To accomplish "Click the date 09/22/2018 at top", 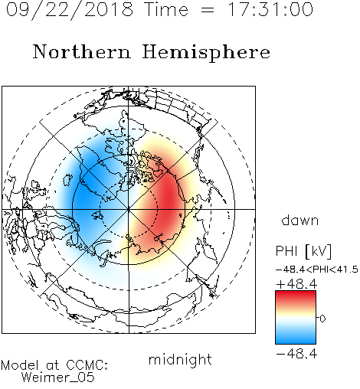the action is (x=70, y=10).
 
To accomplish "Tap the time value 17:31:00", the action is (x=270, y=9).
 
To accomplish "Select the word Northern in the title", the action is (x=82, y=51).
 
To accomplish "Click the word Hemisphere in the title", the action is (x=206, y=53).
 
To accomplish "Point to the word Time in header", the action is (x=166, y=9).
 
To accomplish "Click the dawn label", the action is (x=300, y=220).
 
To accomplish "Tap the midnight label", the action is (x=180, y=359).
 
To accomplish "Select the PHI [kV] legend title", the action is (x=303, y=251).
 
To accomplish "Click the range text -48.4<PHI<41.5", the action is (x=317, y=270).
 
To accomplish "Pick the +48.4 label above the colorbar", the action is (x=296, y=284).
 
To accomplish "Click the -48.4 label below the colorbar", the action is (x=296, y=354).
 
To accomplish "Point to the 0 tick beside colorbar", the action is (x=322, y=319).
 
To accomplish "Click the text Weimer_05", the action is (x=58, y=378).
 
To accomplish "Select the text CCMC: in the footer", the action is (x=87, y=365).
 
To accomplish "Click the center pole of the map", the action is (x=129, y=209).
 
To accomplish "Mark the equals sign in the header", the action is (x=208, y=10).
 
